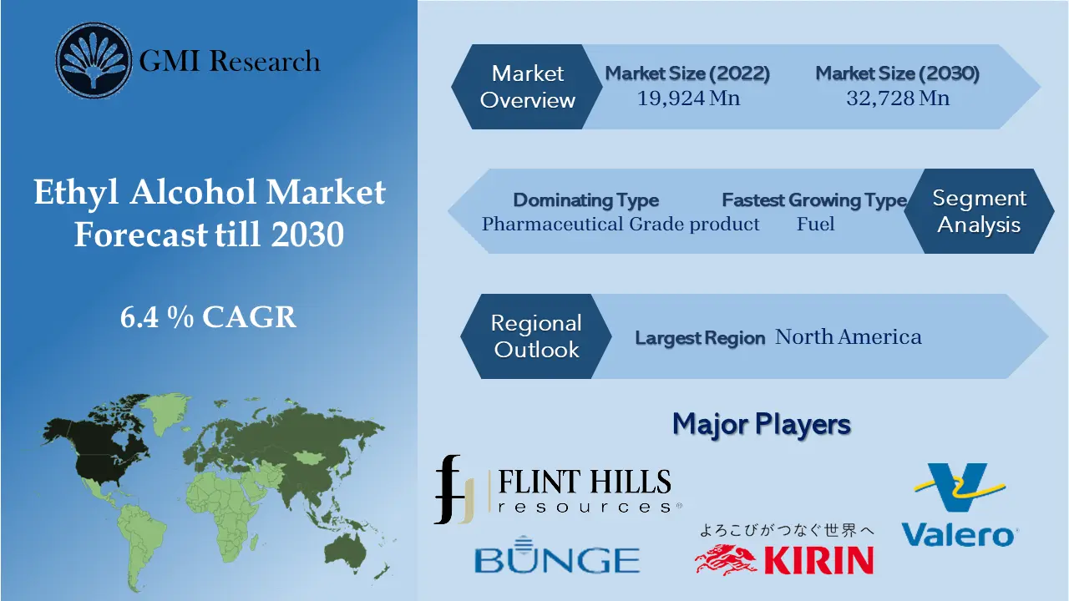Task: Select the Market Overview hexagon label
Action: [528, 87]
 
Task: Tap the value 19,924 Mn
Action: [688, 98]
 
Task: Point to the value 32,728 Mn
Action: [898, 98]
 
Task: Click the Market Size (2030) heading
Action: [898, 73]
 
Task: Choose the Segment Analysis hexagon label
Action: [979, 211]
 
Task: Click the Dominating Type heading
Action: [585, 200]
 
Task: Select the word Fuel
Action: [815, 224]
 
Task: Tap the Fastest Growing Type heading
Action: [814, 200]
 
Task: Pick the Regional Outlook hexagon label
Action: [535, 336]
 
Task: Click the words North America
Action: [849, 337]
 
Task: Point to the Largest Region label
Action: [700, 338]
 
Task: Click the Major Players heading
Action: [761, 424]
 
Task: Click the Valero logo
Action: [960, 505]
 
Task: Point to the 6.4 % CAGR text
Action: [208, 317]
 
